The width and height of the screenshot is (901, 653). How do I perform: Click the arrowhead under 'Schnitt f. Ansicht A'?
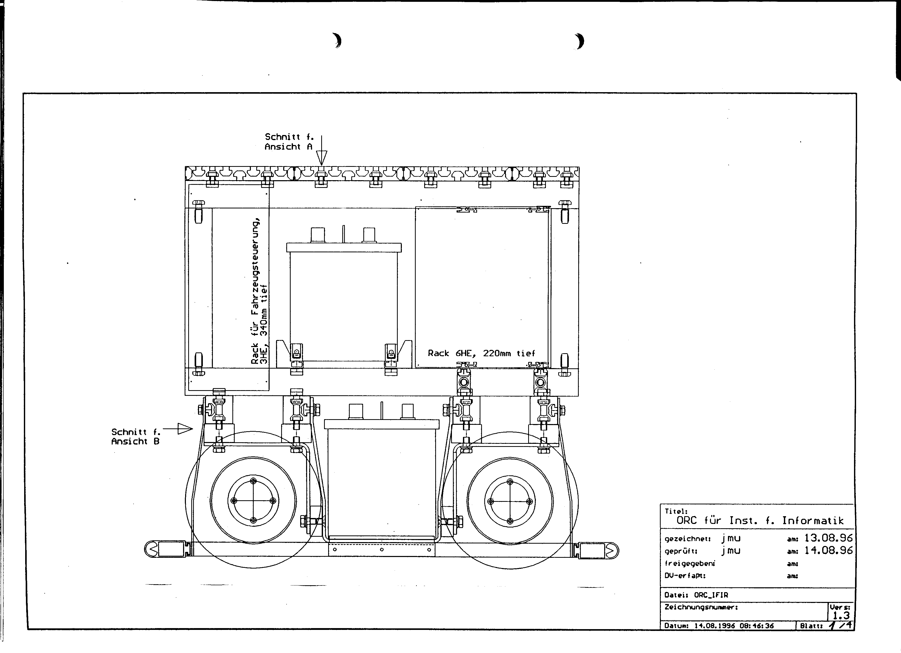(x=321, y=158)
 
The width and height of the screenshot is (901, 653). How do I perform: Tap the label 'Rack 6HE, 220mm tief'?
(x=481, y=353)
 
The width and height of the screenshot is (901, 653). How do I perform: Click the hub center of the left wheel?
(x=253, y=501)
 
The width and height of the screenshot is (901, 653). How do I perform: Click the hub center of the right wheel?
(x=510, y=501)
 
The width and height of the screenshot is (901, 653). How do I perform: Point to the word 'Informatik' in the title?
(x=813, y=520)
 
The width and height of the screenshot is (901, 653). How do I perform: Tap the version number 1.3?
(x=841, y=615)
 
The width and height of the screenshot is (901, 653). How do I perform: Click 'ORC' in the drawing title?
(x=687, y=520)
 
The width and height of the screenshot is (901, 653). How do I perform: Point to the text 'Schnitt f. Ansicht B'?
(x=136, y=437)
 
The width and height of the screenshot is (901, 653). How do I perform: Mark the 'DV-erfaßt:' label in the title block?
(x=685, y=575)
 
